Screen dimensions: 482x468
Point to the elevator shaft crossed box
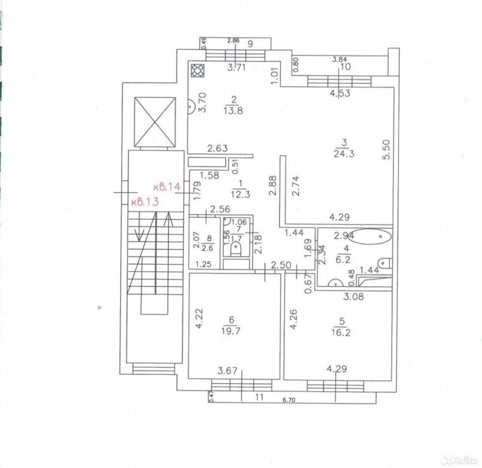pos(155,122)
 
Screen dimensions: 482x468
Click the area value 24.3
pos(344,154)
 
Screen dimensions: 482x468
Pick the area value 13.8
pos(233,111)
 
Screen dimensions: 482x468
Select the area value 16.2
pos(342,333)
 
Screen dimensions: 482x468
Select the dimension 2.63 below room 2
pos(218,148)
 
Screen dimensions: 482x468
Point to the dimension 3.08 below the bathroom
pos(354,297)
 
